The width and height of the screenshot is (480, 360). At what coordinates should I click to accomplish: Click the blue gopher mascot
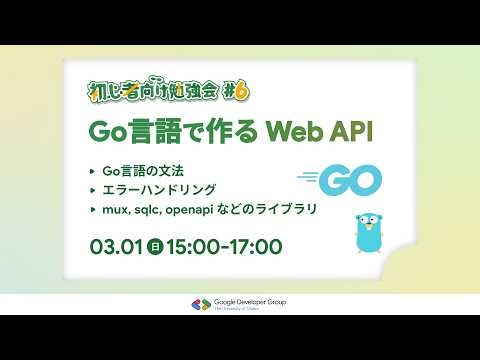tap(370, 230)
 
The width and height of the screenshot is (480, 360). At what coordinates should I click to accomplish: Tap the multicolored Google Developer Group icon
tap(197, 304)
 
